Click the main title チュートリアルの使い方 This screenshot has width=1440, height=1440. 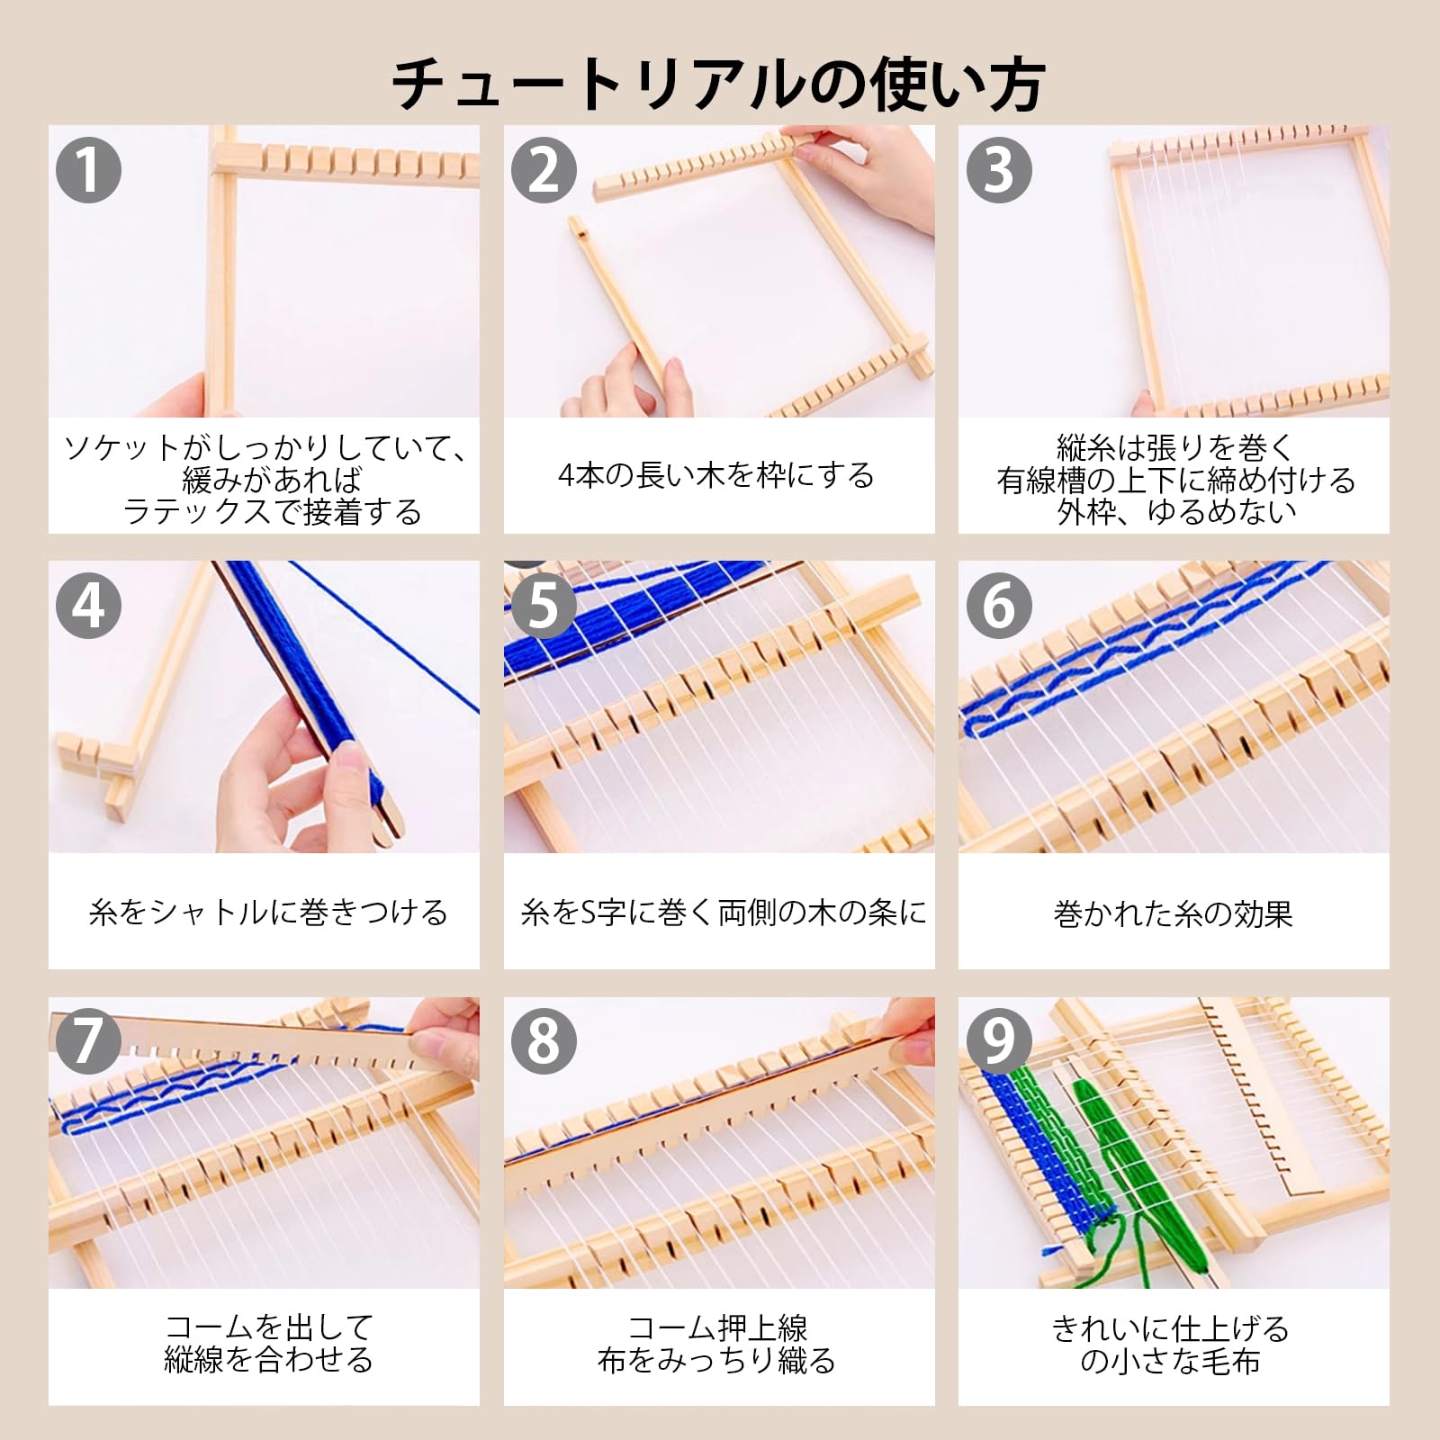tap(718, 85)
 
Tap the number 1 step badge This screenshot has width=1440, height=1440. tap(89, 169)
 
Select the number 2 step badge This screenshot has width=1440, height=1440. tap(544, 169)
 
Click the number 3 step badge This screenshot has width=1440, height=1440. tap(1000, 169)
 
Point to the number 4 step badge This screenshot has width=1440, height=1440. tap(89, 606)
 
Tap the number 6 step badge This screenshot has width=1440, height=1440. tap(1000, 606)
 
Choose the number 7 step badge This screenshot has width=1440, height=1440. tap(89, 1041)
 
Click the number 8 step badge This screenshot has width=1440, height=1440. tap(544, 1041)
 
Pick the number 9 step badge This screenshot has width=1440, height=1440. tap(1000, 1041)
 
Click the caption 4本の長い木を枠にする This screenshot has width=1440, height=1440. tap(716, 475)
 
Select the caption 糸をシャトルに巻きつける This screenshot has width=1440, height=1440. tap(268, 913)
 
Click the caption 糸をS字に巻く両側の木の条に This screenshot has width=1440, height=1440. tap(724, 913)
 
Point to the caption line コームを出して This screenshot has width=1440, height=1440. tap(268, 1327)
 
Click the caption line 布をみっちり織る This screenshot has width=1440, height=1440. tap(716, 1360)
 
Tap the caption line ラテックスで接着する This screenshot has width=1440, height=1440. tap(272, 511)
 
